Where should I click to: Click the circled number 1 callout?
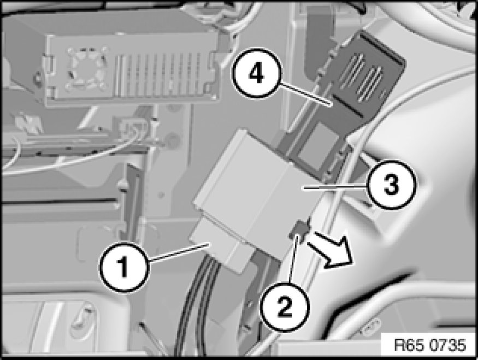coord(123,267)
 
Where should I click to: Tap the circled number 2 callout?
coord(285,307)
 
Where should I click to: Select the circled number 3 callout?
coord(391,185)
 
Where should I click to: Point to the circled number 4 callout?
coord(256,73)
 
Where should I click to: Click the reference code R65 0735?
coord(430,345)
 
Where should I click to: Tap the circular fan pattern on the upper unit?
coord(87,69)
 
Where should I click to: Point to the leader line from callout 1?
coord(180,252)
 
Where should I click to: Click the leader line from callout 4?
coord(305,95)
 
